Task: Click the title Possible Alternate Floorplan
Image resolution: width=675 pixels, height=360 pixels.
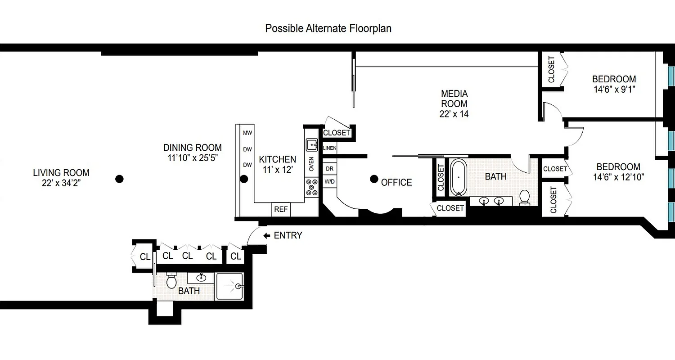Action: point(328,28)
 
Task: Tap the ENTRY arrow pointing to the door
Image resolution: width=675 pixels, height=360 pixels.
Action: point(266,235)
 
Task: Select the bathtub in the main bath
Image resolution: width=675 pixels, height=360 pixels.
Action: point(458,177)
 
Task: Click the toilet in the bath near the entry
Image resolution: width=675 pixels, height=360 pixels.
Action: point(171,281)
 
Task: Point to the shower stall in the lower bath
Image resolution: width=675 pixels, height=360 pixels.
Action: point(229,286)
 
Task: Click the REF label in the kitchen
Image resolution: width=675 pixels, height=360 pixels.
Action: point(281,209)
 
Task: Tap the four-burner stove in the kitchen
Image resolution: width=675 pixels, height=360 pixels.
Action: point(311,187)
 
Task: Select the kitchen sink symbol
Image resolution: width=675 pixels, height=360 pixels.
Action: point(311,145)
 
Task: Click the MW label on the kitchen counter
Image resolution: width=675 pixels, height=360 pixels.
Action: point(247,133)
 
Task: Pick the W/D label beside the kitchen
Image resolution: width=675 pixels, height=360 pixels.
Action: point(329,181)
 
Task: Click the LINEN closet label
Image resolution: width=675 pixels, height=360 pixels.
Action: point(329,148)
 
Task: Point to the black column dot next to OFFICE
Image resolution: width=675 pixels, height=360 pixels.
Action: point(373,179)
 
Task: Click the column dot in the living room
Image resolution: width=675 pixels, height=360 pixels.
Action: point(119,179)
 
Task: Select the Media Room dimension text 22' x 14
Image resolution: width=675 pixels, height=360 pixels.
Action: point(454,114)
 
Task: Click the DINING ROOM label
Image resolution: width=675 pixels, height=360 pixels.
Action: point(192,148)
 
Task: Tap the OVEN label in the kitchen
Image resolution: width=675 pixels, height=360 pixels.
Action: point(311,164)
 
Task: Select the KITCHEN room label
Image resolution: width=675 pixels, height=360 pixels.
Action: point(277,159)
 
